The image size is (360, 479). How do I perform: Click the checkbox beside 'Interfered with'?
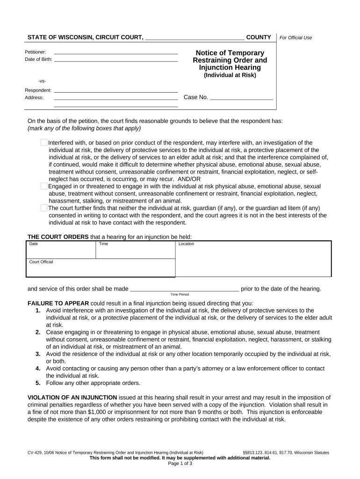44,143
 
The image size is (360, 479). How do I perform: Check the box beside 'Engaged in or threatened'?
44,186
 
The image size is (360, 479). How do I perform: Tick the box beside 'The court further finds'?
44,208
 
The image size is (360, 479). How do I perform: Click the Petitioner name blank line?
116,52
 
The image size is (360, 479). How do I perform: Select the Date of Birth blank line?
116,59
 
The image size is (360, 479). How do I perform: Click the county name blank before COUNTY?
194,37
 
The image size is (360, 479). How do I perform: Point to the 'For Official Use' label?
295,38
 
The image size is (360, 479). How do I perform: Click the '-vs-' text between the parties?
42,81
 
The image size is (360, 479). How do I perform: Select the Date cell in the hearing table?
61,250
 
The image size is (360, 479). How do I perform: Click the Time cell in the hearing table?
135,250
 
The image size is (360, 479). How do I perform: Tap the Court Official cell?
101,268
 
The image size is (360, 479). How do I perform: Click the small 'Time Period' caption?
180,295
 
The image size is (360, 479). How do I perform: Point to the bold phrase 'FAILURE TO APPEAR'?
58,303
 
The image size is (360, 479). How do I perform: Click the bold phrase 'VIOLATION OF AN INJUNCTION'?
72,397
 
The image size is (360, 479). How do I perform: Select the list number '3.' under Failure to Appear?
38,354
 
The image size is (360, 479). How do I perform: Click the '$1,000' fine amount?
97,412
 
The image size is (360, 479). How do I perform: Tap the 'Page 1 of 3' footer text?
180,464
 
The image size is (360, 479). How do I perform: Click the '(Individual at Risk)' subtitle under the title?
230,75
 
